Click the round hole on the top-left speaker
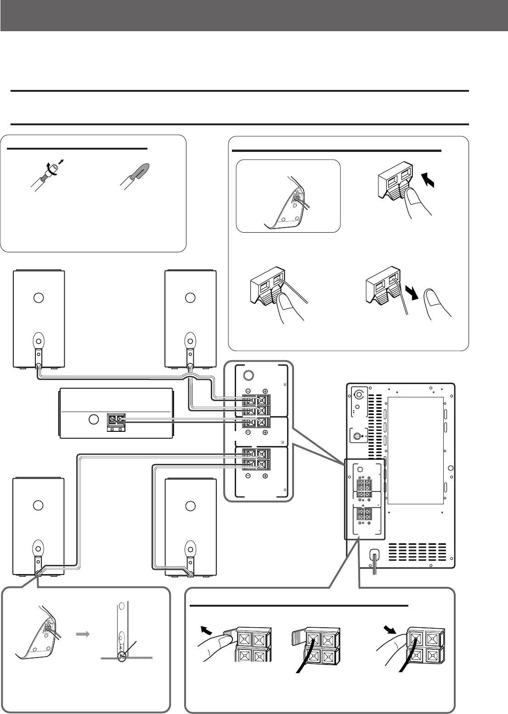click(x=39, y=297)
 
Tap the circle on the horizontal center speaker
click(x=93, y=419)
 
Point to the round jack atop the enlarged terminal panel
click(x=248, y=374)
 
